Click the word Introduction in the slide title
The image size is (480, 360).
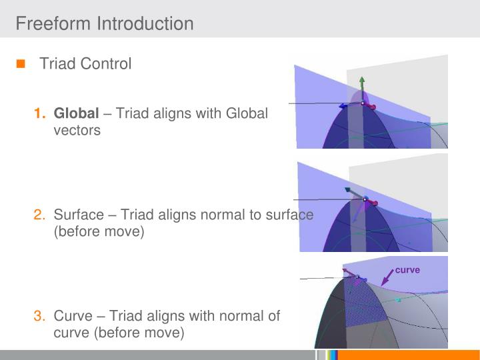pos(145,24)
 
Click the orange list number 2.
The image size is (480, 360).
pos(39,215)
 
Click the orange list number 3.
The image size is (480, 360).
pos(39,316)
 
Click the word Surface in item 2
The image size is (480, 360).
pos(79,215)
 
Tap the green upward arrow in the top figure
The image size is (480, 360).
pos(362,85)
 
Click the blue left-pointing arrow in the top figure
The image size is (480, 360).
pos(345,105)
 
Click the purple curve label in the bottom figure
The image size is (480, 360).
pos(407,270)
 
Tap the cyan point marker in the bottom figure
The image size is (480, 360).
pos(399,301)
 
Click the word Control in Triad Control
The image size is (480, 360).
pos(106,64)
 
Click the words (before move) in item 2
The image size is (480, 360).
pos(99,232)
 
